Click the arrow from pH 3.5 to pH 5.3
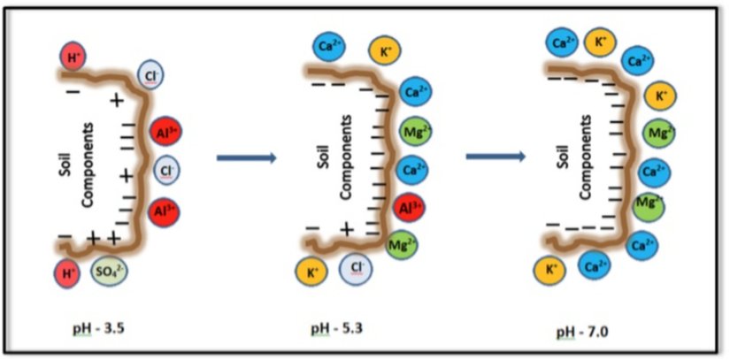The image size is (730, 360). click(x=247, y=159)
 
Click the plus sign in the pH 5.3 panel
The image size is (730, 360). click(x=347, y=230)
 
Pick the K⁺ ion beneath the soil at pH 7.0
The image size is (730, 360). click(x=550, y=269)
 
